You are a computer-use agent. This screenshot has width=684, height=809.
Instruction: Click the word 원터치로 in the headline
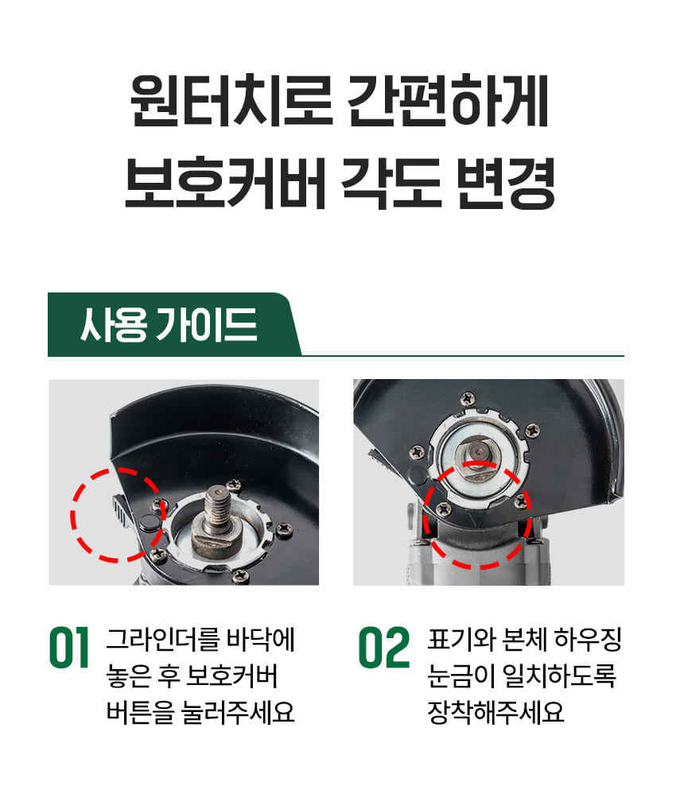pyautogui.click(x=231, y=100)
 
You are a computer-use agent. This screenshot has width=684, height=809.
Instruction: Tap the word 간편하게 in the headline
pyautogui.click(x=449, y=100)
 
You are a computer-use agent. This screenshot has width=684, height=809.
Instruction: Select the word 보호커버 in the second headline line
pyautogui.click(x=225, y=182)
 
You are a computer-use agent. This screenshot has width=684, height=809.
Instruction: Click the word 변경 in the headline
pyautogui.click(x=507, y=182)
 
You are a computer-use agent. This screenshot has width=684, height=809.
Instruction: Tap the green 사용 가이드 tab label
pyautogui.click(x=169, y=324)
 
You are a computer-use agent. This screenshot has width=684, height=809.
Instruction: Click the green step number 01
pyautogui.click(x=69, y=648)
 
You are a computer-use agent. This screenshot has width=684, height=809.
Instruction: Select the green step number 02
pyautogui.click(x=385, y=648)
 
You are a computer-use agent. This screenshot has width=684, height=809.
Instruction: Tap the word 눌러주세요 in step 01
pyautogui.click(x=238, y=712)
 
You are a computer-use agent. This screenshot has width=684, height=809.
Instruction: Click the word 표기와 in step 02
pyautogui.click(x=461, y=639)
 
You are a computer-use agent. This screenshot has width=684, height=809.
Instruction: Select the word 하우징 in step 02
pyautogui.click(x=588, y=639)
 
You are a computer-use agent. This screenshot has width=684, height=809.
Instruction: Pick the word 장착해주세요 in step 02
pyautogui.click(x=496, y=712)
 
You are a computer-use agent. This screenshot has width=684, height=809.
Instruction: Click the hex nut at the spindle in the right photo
pyautogui.click(x=477, y=458)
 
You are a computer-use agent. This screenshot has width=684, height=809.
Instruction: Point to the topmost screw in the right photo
pyautogui.click(x=468, y=398)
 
